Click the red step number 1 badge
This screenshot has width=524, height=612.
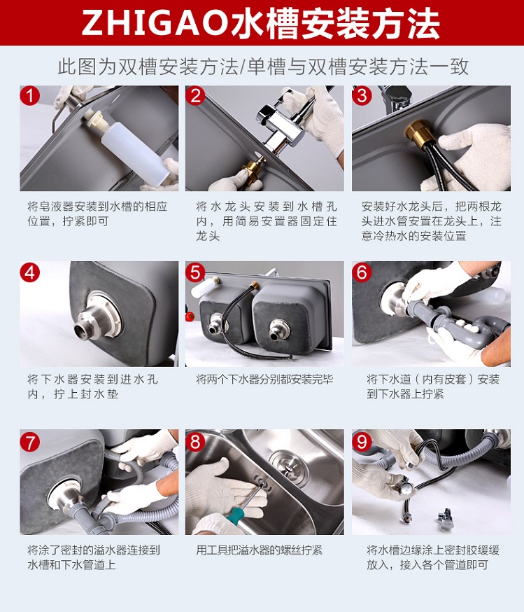pos(30,96)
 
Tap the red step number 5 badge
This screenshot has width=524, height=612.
pos(195,272)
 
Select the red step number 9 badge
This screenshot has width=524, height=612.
pos(362,442)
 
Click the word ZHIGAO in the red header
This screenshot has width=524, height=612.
pos(155,23)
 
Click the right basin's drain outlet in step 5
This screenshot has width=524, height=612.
pos(279,328)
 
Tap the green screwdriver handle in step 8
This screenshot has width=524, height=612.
pos(236,513)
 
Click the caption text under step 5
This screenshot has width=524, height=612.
pos(264,379)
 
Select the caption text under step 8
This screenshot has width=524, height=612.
pos(260,550)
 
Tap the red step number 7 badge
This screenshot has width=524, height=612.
pos(30,442)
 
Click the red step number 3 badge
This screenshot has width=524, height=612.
pos(362,96)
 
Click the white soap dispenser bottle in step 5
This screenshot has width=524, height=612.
pos(203,287)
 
